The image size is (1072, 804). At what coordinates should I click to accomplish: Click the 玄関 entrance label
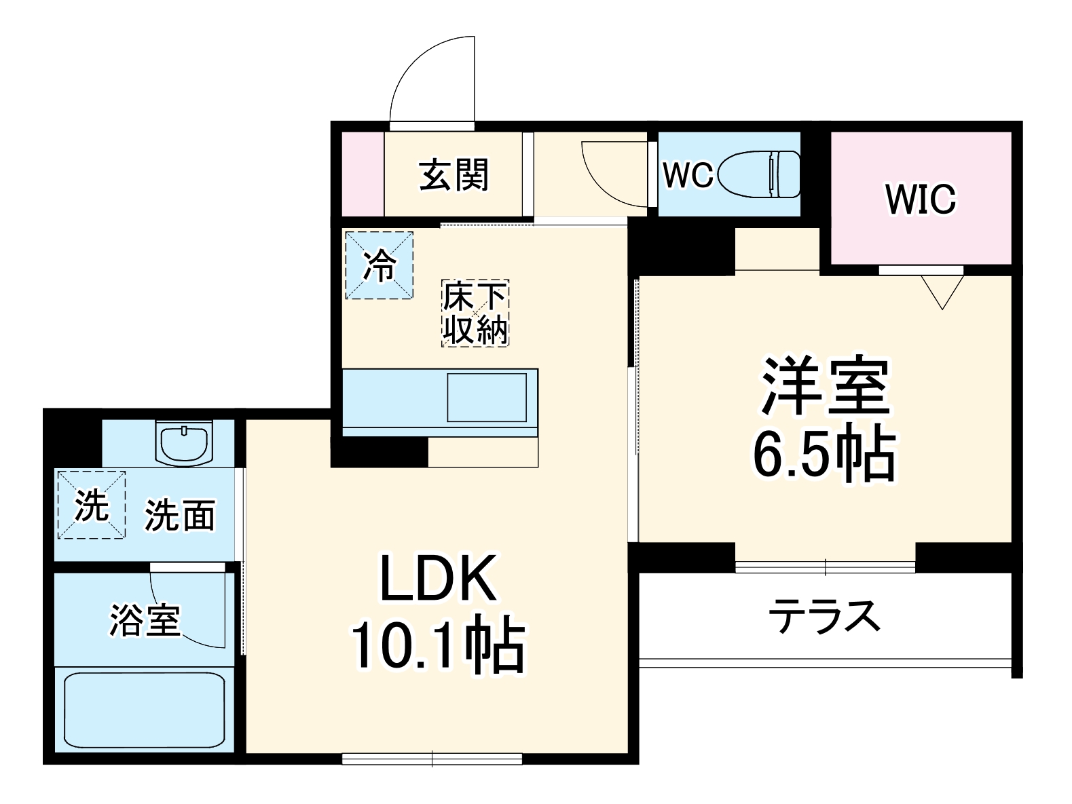pos(454,175)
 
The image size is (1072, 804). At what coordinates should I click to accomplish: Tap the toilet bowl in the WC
pos(759,174)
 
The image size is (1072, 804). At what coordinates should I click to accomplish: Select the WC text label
pos(688,175)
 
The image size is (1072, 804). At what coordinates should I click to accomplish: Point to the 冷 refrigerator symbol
pos(379,265)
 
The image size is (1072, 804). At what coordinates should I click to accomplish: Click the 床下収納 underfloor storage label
pos(475,313)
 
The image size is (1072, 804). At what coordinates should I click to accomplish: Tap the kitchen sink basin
pos(486,397)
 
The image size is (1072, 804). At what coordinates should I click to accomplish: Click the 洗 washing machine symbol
pos(91,505)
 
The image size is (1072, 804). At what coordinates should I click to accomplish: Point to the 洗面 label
pos(180,516)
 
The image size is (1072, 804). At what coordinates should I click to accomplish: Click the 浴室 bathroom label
pos(145,619)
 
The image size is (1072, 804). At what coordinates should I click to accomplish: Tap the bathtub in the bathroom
pos(144,710)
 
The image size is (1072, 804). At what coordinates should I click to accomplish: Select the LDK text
pos(438,579)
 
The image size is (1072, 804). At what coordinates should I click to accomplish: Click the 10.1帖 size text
pos(438,643)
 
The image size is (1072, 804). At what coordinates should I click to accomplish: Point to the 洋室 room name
pos(825,385)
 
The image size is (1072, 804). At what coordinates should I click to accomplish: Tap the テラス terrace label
pos(824,616)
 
